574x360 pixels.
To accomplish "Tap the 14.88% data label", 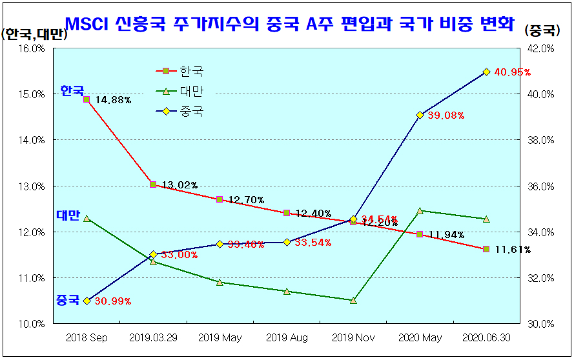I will pos(113,100).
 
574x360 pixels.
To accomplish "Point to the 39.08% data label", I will pos(446,115).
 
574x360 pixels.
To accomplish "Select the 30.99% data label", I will pos(112,301).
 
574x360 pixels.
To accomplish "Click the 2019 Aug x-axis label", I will pos(287,337).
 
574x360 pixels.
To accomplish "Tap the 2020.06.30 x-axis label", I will pos(486,337).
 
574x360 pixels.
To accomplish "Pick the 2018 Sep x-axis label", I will pos(87,337).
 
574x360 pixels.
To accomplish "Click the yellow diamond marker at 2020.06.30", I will pos(486,72).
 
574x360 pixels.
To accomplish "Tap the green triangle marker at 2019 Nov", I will pos(353,300).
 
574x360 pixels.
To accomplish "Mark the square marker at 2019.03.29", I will pos(153,185).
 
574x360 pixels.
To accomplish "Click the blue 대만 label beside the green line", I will pos(68,215).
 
